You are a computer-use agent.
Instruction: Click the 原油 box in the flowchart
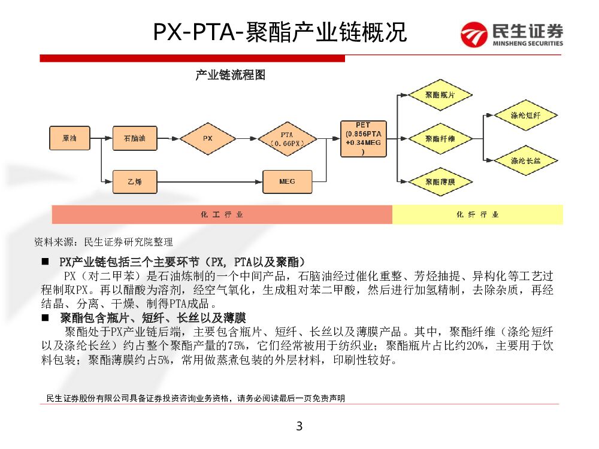[69, 138]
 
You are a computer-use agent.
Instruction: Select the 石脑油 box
[135, 138]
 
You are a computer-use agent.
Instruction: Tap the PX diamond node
[207, 138]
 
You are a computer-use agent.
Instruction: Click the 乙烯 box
[135, 180]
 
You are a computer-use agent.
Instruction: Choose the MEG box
[287, 180]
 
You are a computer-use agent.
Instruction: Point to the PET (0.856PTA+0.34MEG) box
[363, 138]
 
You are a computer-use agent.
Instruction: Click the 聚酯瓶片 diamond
[440, 95]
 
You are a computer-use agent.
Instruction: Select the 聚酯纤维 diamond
[440, 138]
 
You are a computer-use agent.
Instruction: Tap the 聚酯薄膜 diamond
[440, 180]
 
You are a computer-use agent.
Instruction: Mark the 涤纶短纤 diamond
[525, 115]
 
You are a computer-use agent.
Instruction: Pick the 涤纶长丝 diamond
[525, 160]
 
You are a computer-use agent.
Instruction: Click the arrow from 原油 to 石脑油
[101, 138]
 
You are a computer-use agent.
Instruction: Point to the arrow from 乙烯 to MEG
[210, 180]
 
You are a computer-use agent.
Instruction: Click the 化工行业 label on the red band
[222, 214]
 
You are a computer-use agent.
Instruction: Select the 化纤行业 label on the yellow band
[477, 214]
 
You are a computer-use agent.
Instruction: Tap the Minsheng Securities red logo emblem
[475, 34]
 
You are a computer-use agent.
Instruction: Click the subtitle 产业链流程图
[230, 75]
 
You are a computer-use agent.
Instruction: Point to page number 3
[299, 427]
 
